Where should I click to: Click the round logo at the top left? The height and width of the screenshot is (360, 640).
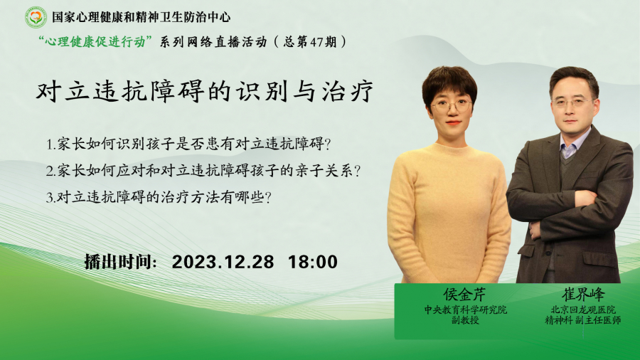[x=36, y=17]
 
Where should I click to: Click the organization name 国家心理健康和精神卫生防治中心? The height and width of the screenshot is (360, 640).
[x=142, y=17]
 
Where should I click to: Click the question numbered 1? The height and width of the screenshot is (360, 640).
[x=188, y=144]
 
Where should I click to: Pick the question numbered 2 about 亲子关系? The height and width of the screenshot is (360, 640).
[x=203, y=171]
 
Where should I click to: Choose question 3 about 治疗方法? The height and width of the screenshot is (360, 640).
[x=159, y=198]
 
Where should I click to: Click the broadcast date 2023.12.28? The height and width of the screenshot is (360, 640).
[x=223, y=262]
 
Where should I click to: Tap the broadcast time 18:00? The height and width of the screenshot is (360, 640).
[x=313, y=262]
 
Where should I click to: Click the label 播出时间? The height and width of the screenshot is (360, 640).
[x=120, y=262]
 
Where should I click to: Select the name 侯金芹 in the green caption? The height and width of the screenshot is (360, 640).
[x=465, y=295]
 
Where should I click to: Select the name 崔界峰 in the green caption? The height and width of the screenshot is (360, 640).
[x=583, y=295]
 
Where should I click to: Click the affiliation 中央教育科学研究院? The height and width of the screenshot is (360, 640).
[x=465, y=309]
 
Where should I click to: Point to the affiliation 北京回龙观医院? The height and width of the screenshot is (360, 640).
[x=583, y=309]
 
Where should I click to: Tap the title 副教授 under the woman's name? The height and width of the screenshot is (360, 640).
[x=465, y=320]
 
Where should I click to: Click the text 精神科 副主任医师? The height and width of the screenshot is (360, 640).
[x=583, y=320]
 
